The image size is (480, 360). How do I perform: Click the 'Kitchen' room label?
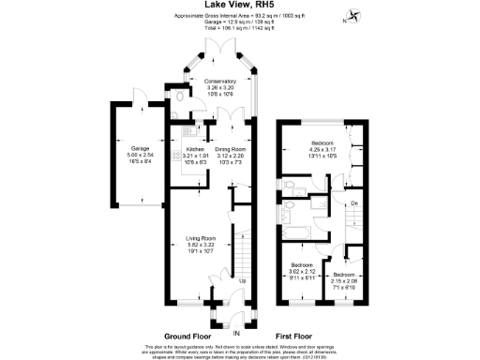pos(194,149)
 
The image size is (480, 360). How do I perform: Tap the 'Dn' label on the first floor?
pos(354,202)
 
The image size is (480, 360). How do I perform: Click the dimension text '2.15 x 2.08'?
pos(344,277)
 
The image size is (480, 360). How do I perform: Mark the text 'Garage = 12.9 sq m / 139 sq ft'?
pos(240,22)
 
